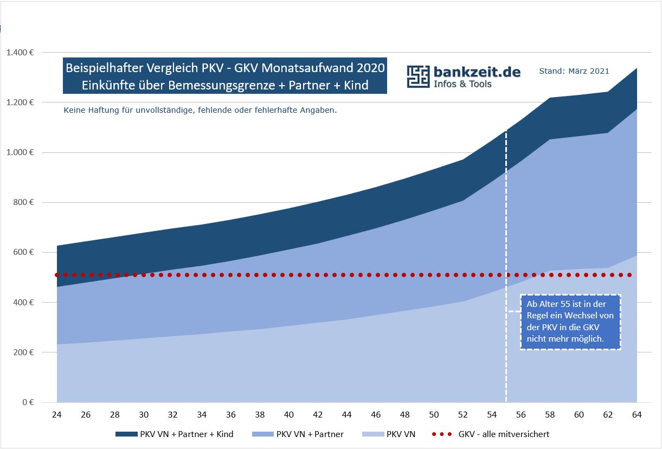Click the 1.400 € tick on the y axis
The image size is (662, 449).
pos(21,53)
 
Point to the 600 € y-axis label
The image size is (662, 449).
pos(23,252)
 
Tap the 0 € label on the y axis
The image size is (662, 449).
pos(28,402)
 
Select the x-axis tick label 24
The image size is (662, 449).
pos(56,415)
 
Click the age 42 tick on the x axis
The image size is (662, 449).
pos(318,415)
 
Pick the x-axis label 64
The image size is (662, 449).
pos(637,415)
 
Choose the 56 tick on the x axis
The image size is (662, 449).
pos(521,415)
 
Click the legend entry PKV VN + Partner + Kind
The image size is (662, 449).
pos(174,434)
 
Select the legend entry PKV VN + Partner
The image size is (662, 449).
pos(298,434)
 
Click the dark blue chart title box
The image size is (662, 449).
pos(225,76)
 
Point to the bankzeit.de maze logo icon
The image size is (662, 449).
pos(418,77)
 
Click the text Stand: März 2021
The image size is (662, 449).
pos(574,71)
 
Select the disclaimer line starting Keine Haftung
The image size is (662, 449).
pos(200,110)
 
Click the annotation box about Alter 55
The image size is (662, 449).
pos(570,322)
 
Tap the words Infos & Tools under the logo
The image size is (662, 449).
pos(462,84)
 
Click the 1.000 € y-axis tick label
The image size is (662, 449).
pos(21,152)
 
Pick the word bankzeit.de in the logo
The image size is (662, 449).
pos(477,72)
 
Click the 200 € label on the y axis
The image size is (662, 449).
pos(23,352)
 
